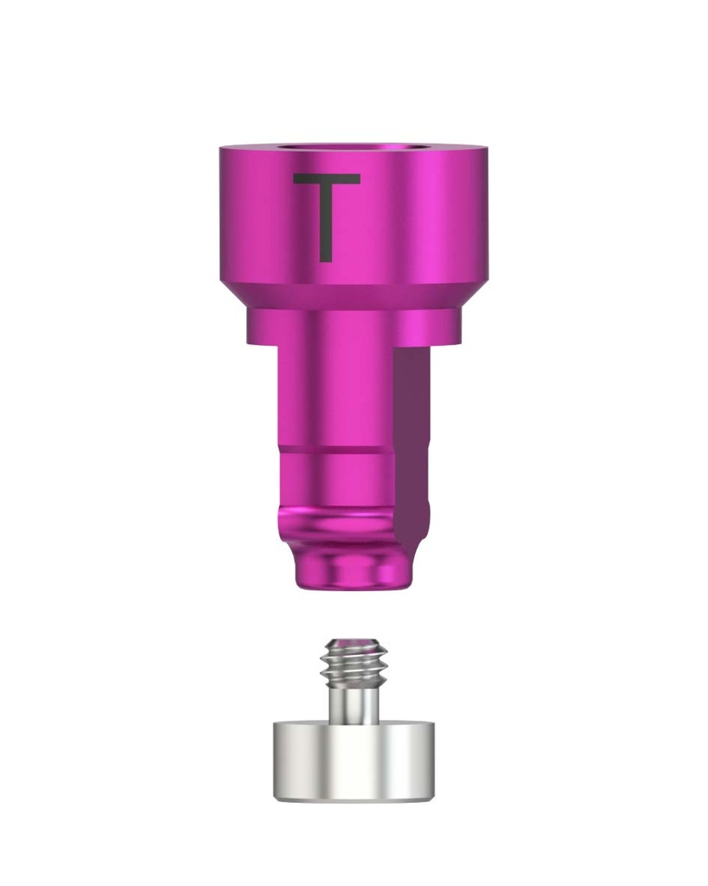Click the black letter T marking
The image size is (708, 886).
click(326, 217)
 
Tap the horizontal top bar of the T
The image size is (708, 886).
click(326, 178)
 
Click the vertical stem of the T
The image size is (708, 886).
click(326, 223)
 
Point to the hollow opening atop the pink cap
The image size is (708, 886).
click(352, 149)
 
